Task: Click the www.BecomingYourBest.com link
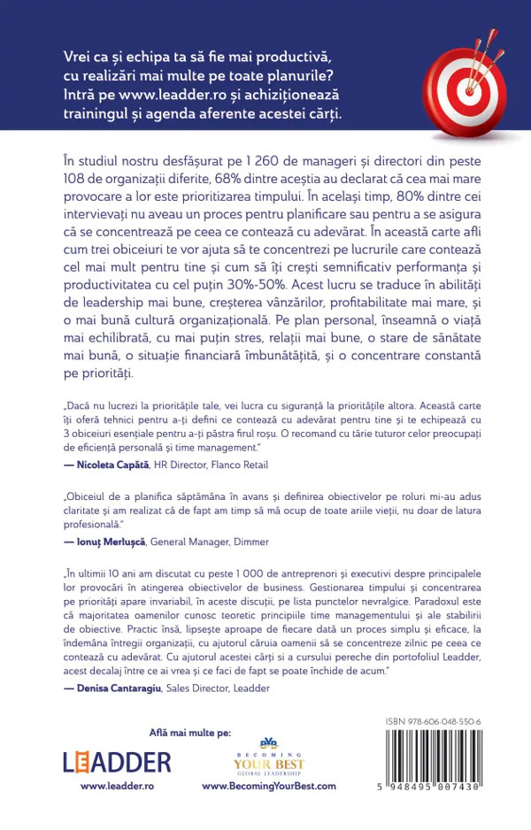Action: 269,786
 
